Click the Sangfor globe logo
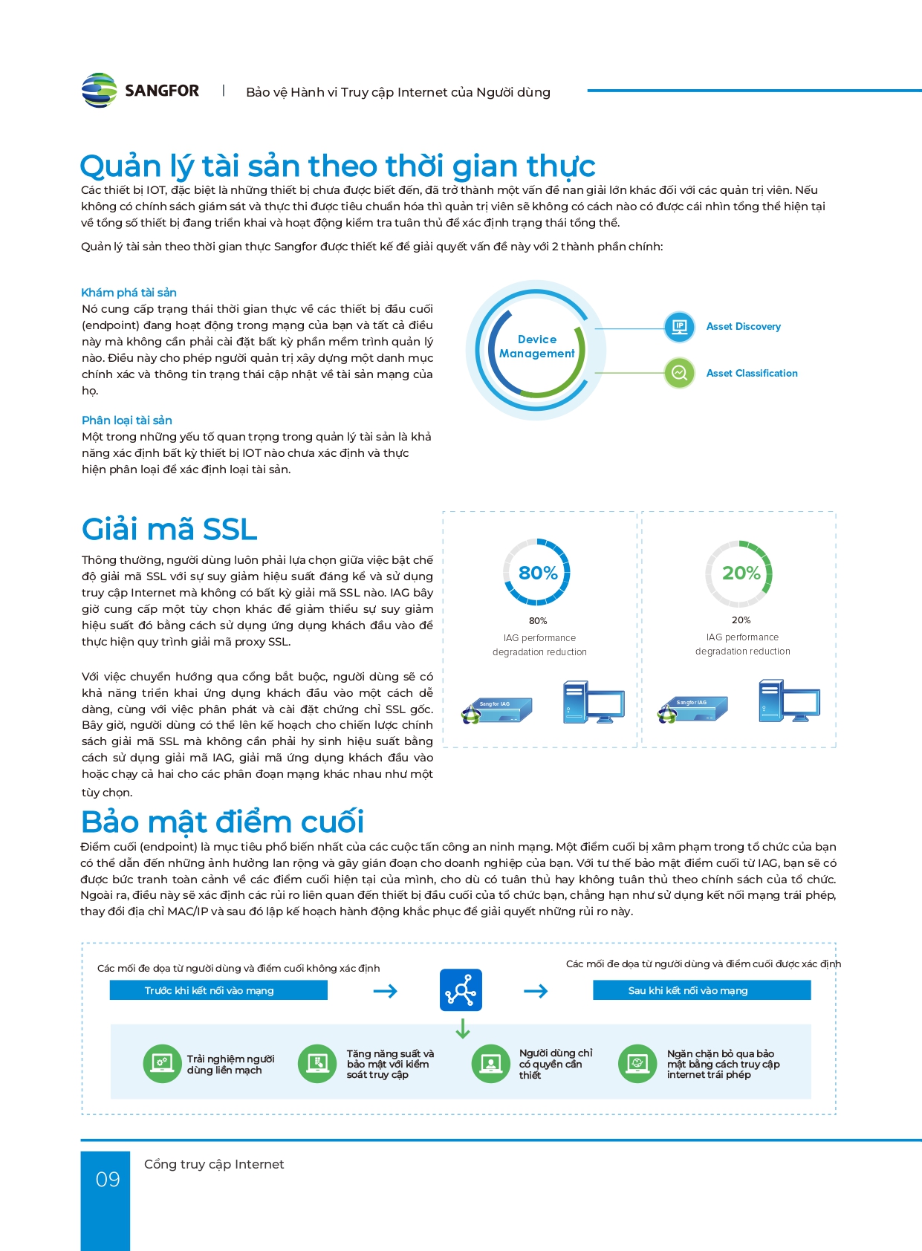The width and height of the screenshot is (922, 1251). tap(99, 91)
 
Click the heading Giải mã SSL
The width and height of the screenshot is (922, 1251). tap(169, 530)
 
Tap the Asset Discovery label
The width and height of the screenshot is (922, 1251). tap(743, 327)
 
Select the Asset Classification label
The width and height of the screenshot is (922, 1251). tap(751, 374)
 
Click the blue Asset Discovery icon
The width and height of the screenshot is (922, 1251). tap(679, 327)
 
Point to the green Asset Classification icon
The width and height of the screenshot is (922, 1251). tap(679, 373)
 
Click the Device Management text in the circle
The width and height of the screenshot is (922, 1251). tap(536, 347)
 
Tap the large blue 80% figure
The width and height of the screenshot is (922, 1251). tap(538, 573)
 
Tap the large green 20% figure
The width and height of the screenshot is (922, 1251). tap(741, 573)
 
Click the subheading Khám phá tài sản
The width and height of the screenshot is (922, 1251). tap(129, 293)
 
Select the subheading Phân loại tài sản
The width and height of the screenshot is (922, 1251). tap(127, 420)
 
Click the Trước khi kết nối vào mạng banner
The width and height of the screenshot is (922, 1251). tap(218, 990)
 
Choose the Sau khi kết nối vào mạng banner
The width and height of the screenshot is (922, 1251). tap(701, 990)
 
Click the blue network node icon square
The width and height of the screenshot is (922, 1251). tap(461, 990)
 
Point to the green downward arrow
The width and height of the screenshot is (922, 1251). tap(463, 1028)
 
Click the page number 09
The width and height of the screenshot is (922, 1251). tap(108, 1180)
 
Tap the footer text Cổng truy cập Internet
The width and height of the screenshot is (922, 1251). tap(214, 1164)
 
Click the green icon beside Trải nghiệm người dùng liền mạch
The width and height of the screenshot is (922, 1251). tap(161, 1064)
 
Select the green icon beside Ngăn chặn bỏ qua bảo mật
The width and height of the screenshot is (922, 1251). tap(637, 1064)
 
